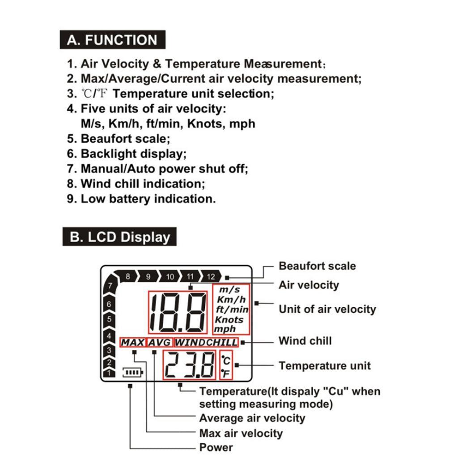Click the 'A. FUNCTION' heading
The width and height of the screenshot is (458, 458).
(112, 40)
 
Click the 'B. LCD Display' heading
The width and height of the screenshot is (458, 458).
(119, 237)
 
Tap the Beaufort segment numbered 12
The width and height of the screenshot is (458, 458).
(211, 276)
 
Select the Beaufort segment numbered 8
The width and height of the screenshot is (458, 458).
(128, 276)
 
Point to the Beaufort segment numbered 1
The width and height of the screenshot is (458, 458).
(108, 373)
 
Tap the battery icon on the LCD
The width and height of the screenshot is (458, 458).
(134, 372)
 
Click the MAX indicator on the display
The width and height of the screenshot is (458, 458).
(133, 343)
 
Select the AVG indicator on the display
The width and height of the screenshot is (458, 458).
(160, 343)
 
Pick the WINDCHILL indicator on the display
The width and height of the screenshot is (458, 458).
(206, 343)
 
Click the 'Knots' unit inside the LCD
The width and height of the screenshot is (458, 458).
(229, 320)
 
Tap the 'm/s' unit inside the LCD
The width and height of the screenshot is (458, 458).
(229, 289)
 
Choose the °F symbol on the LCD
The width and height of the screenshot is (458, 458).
(226, 373)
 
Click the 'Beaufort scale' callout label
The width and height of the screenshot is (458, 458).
(317, 266)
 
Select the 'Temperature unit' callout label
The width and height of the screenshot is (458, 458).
(325, 365)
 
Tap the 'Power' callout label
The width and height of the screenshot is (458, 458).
(216, 447)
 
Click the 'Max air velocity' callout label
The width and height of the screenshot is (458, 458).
(241, 433)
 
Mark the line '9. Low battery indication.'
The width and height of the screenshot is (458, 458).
(141, 199)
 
